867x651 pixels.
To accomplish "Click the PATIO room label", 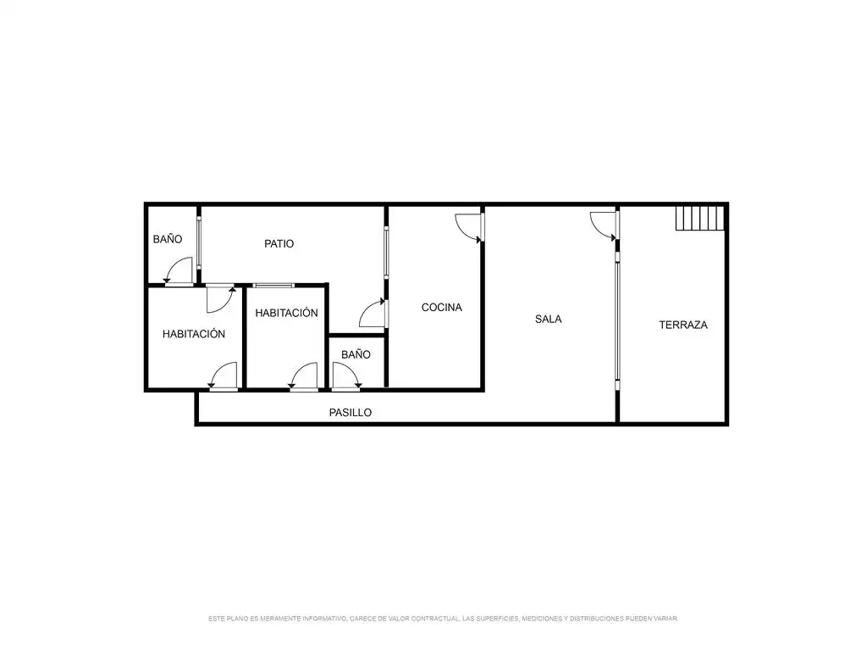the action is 279,243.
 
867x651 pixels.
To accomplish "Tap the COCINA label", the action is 441,307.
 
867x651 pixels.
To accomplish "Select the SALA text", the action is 548,319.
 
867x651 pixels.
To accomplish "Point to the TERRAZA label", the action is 683,325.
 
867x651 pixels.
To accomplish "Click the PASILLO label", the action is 350,413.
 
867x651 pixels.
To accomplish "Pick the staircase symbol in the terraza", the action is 699,218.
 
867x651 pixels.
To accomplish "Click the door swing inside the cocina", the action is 469,227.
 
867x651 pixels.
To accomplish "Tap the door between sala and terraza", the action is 604,226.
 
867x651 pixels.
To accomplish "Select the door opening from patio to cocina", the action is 373,314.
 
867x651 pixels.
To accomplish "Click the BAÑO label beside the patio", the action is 168,239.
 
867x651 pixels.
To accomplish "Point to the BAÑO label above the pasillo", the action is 356,354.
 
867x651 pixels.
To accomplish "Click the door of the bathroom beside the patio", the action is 179,271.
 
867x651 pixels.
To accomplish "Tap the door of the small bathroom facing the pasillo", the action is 346,376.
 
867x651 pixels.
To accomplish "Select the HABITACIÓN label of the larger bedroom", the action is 194,334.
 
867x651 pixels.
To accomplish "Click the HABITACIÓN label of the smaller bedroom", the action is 286,313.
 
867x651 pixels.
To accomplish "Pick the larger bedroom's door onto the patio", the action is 221,299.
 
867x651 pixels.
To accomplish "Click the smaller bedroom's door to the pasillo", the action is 303,376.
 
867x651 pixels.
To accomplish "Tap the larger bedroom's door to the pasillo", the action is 223,376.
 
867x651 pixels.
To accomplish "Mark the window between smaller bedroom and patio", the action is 273,286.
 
